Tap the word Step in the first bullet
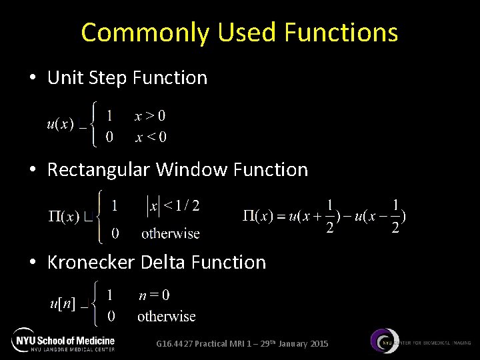pyautogui.click(x=108, y=78)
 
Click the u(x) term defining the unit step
pyautogui.click(x=60, y=125)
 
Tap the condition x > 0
pyautogui.click(x=150, y=116)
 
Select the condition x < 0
pyautogui.click(x=151, y=137)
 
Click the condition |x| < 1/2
pyautogui.click(x=173, y=207)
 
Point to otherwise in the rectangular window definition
pyautogui.click(x=170, y=233)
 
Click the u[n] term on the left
pyautogui.click(x=63, y=304)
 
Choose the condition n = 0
pyautogui.click(x=154, y=295)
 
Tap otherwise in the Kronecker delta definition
pyautogui.click(x=166, y=316)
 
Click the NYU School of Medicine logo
pyautogui.click(x=63, y=340)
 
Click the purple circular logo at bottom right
pyautogui.click(x=385, y=341)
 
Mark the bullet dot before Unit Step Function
pyautogui.click(x=33, y=79)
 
